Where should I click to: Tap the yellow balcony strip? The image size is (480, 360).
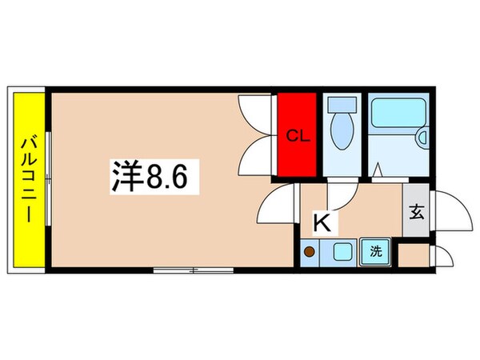click(27, 181)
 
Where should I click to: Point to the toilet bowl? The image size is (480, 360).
click(342, 131)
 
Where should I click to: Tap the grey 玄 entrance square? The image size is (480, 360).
click(416, 212)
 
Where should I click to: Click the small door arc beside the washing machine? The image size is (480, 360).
click(442, 256)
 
